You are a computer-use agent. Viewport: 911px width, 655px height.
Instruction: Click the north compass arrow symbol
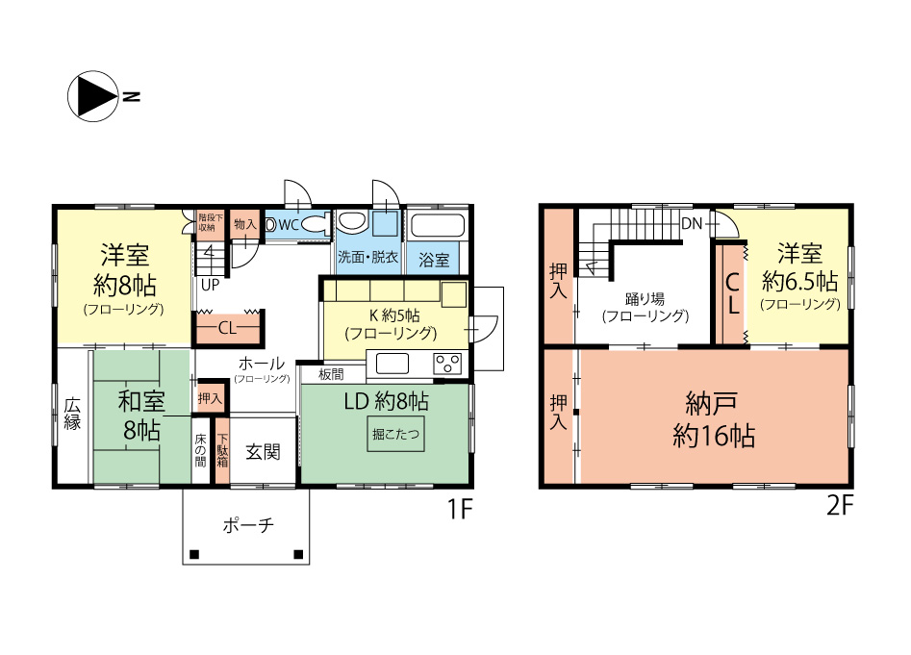click(94, 96)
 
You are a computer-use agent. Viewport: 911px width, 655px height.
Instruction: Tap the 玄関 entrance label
click(264, 452)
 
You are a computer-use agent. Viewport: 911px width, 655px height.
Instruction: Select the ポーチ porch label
click(248, 525)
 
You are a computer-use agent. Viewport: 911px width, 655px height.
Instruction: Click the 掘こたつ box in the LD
click(395, 434)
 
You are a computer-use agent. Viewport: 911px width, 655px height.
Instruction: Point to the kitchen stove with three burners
click(447, 365)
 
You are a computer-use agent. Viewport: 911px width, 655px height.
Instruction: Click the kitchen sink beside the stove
click(392, 365)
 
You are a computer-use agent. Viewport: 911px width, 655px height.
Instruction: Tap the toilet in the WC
click(316, 224)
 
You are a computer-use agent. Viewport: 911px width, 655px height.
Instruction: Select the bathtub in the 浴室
click(438, 225)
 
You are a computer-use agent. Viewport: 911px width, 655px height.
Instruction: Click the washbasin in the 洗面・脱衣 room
click(351, 221)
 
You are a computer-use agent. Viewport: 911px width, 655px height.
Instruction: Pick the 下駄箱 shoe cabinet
click(222, 451)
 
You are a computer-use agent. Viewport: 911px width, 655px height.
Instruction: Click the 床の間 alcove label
click(200, 450)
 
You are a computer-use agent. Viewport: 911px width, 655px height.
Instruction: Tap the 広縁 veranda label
click(72, 414)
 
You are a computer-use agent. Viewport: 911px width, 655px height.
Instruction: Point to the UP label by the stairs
click(210, 285)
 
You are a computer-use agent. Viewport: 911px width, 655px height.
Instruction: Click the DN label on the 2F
click(692, 223)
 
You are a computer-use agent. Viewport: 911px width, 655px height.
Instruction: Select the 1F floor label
click(460, 509)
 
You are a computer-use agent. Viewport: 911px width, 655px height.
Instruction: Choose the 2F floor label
click(840, 506)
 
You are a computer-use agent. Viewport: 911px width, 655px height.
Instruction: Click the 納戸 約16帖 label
click(714, 419)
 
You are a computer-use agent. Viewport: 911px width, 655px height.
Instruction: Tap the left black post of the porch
click(194, 555)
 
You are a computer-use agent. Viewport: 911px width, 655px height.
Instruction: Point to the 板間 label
click(331, 374)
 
